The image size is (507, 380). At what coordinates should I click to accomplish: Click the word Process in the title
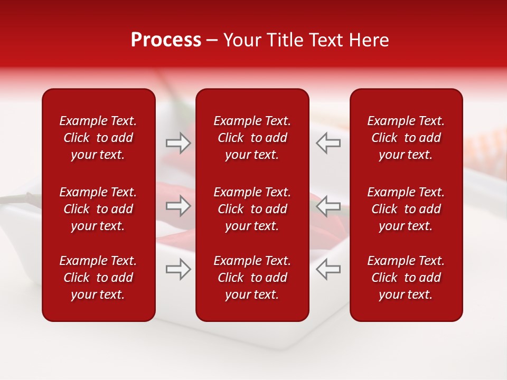click(166, 41)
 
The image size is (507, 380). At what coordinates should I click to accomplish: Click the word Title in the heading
click(283, 40)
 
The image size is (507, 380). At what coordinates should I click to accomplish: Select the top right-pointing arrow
click(179, 143)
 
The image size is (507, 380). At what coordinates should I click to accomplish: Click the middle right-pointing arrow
click(179, 206)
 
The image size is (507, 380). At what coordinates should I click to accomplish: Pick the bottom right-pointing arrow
click(179, 269)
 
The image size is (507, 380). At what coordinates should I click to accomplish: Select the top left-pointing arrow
click(328, 143)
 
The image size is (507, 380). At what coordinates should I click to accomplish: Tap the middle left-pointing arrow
click(328, 206)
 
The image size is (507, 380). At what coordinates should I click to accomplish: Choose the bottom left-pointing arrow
click(328, 269)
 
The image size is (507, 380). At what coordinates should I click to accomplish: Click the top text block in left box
click(98, 138)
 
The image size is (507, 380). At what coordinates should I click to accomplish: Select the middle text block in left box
click(98, 209)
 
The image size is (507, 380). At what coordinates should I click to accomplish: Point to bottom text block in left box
click(98, 278)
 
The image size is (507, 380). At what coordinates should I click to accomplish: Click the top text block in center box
click(252, 138)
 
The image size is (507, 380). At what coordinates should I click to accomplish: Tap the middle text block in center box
click(252, 209)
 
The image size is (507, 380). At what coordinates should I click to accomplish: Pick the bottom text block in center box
click(252, 278)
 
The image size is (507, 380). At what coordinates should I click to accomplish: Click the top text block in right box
click(406, 138)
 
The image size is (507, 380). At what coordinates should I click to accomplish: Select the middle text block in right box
click(406, 209)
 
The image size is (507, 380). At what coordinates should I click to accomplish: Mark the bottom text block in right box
click(406, 278)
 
